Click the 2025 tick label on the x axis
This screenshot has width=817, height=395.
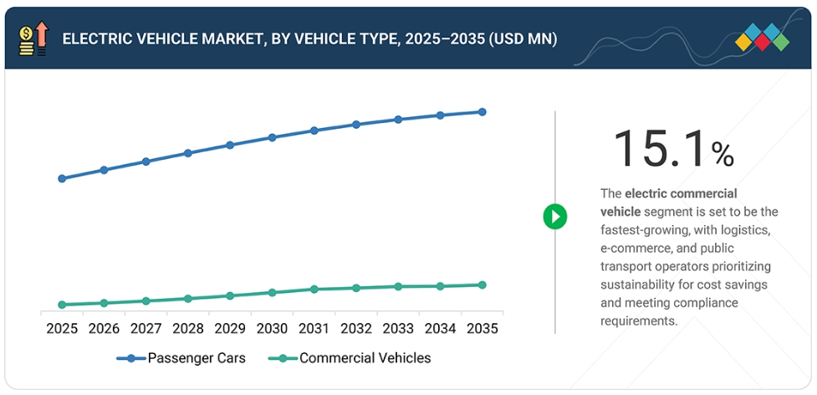[x=62, y=329]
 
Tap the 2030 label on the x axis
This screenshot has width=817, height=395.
[x=272, y=329]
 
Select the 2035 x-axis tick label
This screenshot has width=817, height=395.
[x=482, y=329]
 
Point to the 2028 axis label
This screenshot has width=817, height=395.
[x=188, y=329]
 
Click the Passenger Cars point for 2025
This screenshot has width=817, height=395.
[x=62, y=178]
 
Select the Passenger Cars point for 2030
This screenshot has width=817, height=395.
[x=272, y=137]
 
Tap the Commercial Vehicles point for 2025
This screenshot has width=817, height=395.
[x=62, y=305]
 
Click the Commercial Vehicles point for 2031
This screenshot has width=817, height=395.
[x=314, y=289]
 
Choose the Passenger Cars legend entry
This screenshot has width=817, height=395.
[x=181, y=358]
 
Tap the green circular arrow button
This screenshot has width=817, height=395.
[x=554, y=217]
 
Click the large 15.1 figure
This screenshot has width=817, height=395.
[x=660, y=149]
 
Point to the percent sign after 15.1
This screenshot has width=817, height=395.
[x=723, y=154]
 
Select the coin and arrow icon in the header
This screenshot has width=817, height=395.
[x=32, y=38]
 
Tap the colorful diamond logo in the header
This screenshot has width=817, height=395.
[x=762, y=37]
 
